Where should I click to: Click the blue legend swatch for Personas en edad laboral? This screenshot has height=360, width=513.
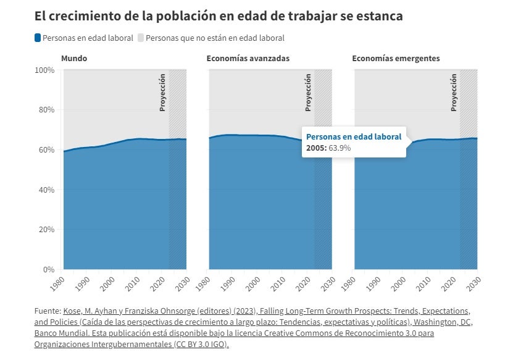pos(38,38)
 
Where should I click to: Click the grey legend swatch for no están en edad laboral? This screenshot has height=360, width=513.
pos(140,38)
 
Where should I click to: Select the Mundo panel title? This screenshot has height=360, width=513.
pos(74,59)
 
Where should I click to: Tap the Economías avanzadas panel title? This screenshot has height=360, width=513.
pos(248,59)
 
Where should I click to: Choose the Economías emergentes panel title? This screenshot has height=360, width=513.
pos(396,59)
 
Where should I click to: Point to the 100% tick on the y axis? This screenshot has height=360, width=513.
pos(44,70)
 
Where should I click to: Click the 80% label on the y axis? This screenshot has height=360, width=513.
pos(46,110)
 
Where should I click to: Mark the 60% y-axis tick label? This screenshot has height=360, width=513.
pos(46,150)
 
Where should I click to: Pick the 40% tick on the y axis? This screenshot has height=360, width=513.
pos(46,190)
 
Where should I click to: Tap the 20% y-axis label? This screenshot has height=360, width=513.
pos(46,230)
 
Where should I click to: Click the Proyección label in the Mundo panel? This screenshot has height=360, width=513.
pos(162,93)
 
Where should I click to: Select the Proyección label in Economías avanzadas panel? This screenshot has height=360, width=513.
pos(308,93)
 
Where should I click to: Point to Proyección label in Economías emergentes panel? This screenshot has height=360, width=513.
pos(454,93)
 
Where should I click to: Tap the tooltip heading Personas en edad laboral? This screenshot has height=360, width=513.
pos(354,136)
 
